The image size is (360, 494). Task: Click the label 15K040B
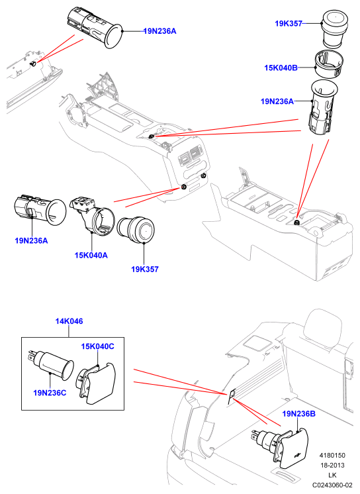pos(281,68)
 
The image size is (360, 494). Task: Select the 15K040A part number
pos(91,255)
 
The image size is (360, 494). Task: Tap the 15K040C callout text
pos(98,346)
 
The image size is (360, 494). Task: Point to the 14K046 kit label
pos(69,321)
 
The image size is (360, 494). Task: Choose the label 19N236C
pos(50,393)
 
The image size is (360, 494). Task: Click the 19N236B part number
pos(299,414)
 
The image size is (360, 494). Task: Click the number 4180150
pos(332,455)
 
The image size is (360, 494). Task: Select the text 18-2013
pos(332,465)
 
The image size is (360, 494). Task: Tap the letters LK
pos(332,475)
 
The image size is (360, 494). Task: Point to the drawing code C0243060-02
pos(332,485)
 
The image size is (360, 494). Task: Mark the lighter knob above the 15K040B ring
pos(335,29)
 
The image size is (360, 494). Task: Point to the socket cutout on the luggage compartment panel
pos(232,397)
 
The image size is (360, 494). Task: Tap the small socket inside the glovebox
pos(32,64)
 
